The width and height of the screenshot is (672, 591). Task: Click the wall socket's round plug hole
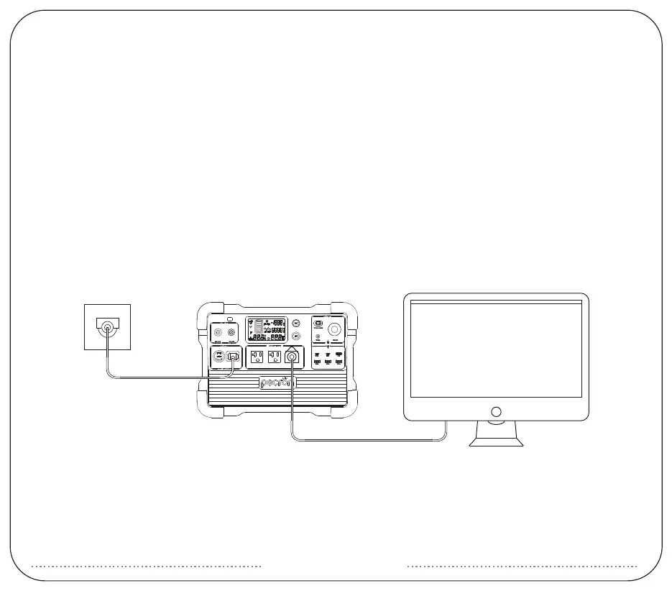tap(108, 329)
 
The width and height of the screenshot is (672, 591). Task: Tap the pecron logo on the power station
tap(277, 382)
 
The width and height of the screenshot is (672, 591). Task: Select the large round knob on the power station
tap(335, 329)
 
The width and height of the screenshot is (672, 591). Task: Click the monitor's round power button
tap(495, 412)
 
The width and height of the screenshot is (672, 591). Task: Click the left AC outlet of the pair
tap(257, 357)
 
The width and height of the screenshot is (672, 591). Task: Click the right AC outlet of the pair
tap(275, 357)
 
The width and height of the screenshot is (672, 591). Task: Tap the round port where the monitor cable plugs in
tap(293, 357)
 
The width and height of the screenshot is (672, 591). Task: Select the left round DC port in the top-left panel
tap(217, 332)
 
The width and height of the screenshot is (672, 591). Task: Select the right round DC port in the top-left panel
tap(231, 332)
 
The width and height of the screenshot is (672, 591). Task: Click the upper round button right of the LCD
tap(296, 324)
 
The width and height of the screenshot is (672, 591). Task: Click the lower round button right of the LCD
tap(296, 336)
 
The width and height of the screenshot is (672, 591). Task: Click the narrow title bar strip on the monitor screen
tap(495, 302)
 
